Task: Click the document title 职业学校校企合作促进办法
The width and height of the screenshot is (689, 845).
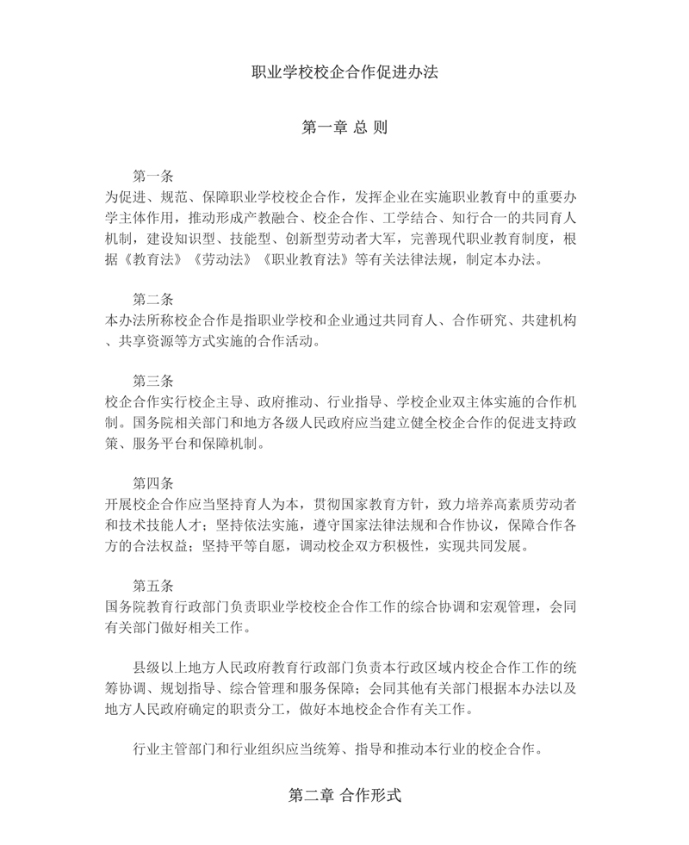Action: click(344, 72)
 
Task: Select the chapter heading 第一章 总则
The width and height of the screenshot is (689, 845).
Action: click(344, 127)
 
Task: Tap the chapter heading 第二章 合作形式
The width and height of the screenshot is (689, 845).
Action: click(344, 796)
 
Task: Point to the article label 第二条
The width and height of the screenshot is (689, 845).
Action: click(153, 300)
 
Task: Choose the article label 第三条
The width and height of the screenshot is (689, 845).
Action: click(153, 380)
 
